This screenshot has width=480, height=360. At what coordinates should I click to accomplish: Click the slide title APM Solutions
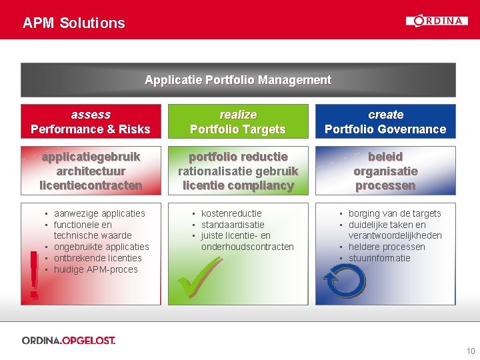[x=73, y=23]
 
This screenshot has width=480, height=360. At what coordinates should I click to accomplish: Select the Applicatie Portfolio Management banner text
[x=238, y=80]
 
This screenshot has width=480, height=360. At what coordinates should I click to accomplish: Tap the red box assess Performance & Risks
[x=91, y=121]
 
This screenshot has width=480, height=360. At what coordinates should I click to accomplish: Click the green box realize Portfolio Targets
[x=238, y=121]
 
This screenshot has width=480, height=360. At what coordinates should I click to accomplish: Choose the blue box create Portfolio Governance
[x=385, y=121]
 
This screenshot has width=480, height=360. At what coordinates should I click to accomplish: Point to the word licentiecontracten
[x=91, y=186]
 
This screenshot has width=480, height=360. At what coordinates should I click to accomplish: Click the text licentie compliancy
[x=238, y=186]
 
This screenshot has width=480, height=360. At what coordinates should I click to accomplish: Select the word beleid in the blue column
[x=385, y=157]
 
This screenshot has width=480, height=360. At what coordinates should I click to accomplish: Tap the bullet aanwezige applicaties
[x=99, y=213]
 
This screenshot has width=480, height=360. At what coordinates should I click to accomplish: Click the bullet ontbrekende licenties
[x=97, y=258]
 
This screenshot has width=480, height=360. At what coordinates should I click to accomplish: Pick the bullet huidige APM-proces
[x=95, y=269]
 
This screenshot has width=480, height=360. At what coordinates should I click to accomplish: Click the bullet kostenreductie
[x=231, y=213]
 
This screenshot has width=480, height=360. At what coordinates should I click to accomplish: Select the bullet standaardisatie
[x=233, y=225]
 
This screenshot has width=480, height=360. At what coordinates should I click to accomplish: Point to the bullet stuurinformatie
[x=379, y=258]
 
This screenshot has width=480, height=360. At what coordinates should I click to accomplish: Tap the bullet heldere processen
[x=387, y=247]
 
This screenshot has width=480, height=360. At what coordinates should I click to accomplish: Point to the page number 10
[x=471, y=351]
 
